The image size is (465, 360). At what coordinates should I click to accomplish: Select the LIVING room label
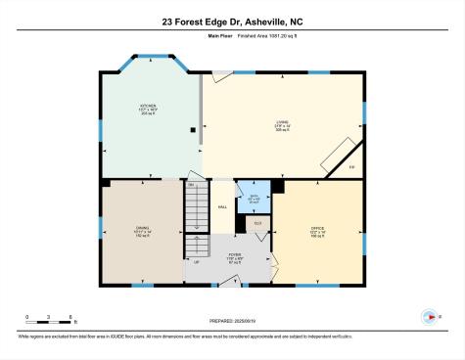click(x=282, y=125)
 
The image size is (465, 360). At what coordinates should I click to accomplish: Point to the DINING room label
click(x=142, y=232)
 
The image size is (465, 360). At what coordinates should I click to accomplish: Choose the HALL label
click(x=222, y=206)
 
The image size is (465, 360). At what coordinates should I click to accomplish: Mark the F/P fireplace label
click(x=350, y=167)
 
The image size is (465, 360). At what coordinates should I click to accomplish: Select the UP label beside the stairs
click(x=196, y=261)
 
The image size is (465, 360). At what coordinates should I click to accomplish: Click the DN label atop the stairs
click(x=191, y=184)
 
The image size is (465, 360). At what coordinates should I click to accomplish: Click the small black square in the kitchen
click(x=193, y=128)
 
